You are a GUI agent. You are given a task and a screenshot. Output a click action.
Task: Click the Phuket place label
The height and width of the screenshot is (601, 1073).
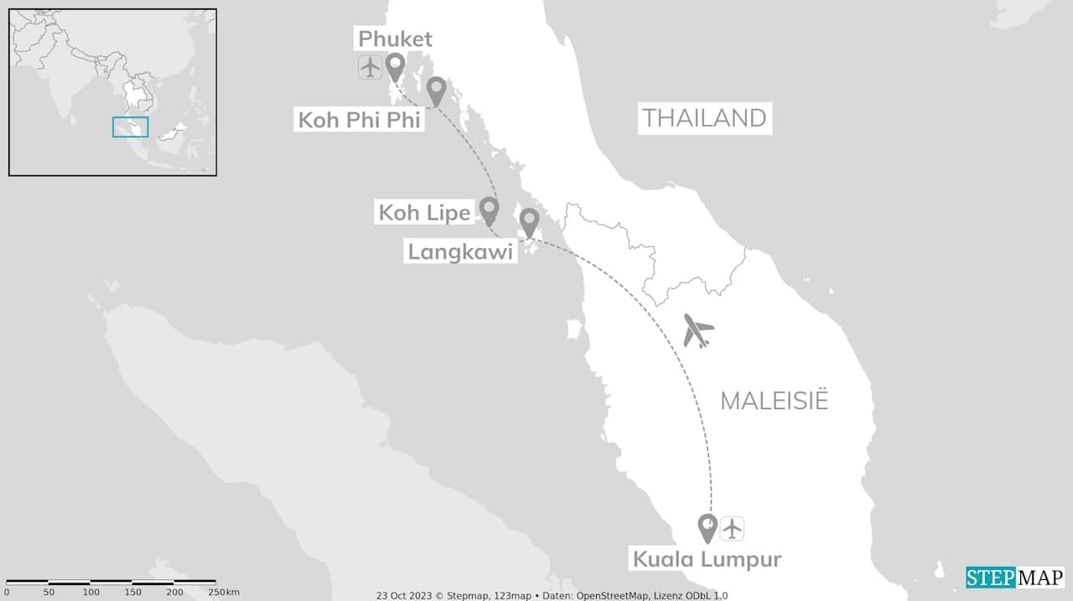[396, 39]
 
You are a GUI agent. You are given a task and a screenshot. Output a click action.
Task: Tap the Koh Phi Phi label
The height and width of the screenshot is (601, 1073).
[360, 120]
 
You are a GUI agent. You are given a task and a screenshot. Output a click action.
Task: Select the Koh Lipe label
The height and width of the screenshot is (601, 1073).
[424, 213]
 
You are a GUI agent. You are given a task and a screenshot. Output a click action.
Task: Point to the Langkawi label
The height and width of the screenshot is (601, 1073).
[460, 251]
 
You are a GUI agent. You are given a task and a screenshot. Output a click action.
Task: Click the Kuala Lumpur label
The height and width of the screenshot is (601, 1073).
[707, 559]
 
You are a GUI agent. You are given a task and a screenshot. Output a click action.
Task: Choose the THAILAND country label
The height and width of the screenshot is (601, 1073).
[704, 118]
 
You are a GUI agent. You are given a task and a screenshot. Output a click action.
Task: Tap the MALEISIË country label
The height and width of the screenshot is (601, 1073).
[774, 401]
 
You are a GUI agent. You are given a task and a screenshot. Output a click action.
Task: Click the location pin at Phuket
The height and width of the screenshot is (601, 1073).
[394, 66]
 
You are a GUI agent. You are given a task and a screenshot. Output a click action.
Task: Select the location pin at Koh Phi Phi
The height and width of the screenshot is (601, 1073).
[436, 90]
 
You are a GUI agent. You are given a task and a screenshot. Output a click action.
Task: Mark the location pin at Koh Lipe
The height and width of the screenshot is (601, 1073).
[489, 210]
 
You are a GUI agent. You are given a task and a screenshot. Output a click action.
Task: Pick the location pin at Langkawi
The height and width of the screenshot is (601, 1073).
[529, 221]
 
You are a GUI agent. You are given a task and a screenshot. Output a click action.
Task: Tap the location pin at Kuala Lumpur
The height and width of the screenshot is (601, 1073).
[708, 527]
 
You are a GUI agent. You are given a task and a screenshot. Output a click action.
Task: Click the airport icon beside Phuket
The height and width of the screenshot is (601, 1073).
[370, 66]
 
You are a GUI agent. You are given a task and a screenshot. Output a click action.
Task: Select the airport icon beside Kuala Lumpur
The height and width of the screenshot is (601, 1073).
[733, 528]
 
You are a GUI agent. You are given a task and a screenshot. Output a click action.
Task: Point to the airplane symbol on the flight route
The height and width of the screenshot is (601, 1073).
[697, 330]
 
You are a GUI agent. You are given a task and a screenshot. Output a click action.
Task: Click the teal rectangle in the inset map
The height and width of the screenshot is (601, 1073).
[130, 127]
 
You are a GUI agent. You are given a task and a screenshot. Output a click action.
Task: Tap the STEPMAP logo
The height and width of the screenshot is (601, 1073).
[1014, 578]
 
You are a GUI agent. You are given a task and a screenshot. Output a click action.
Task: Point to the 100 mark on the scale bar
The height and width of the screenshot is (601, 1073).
[91, 593]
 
